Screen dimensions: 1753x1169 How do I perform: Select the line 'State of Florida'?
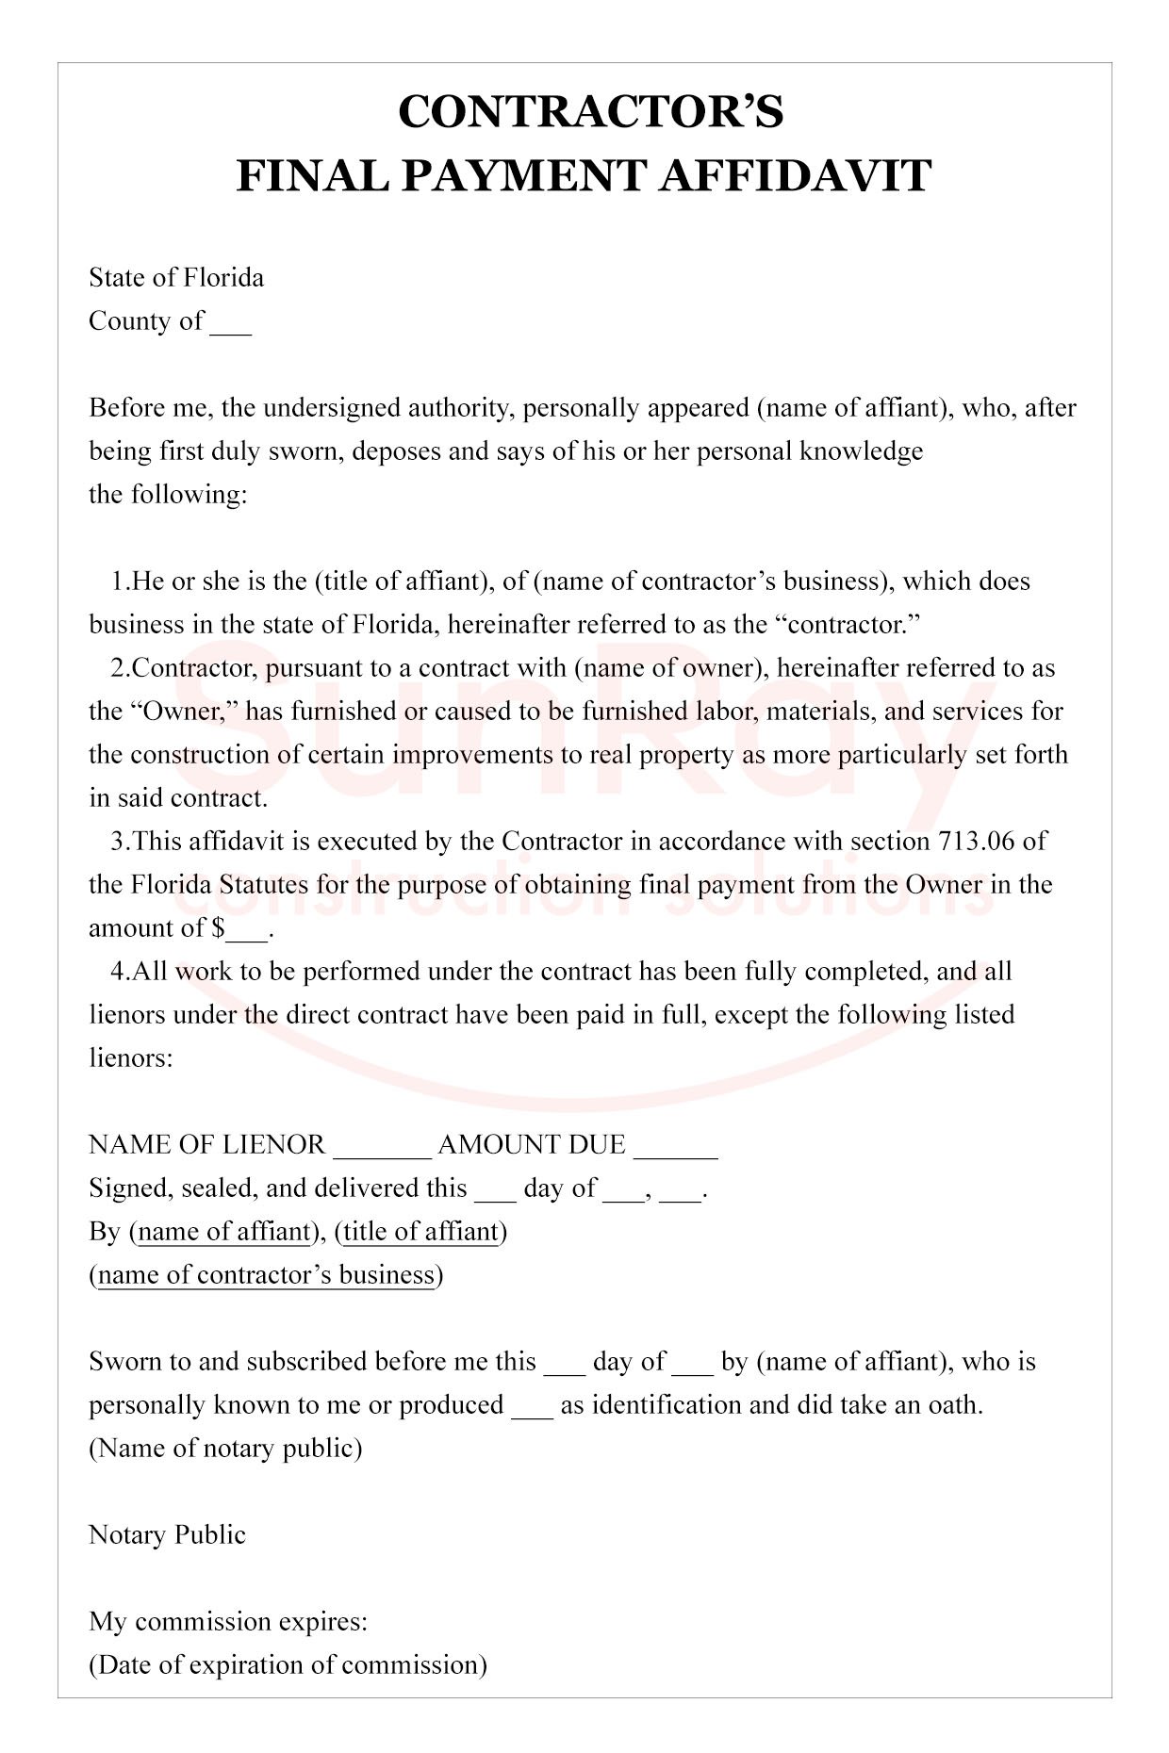pyautogui.click(x=176, y=277)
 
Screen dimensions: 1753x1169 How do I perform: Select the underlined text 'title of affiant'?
pyautogui.click(x=420, y=1231)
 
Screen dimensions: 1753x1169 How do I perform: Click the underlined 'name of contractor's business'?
pyautogui.click(x=266, y=1274)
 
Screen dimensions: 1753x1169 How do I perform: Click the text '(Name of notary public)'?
pyautogui.click(x=225, y=1448)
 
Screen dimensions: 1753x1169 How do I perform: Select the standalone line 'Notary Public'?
pyautogui.click(x=167, y=1534)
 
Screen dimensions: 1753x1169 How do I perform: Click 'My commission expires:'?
pyautogui.click(x=228, y=1621)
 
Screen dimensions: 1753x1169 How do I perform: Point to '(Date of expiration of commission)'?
pyautogui.click(x=288, y=1664)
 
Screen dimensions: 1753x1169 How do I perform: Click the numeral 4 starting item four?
pyautogui.click(x=118, y=971)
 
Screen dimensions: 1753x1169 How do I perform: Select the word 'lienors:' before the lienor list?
pyautogui.click(x=131, y=1057)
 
